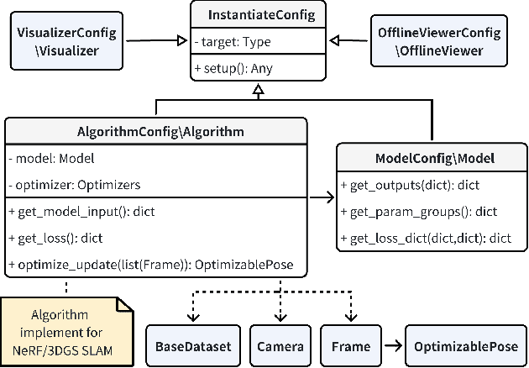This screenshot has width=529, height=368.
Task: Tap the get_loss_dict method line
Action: [426, 238]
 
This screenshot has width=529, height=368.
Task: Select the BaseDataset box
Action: [193, 345]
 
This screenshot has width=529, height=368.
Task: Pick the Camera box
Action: [275, 345]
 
